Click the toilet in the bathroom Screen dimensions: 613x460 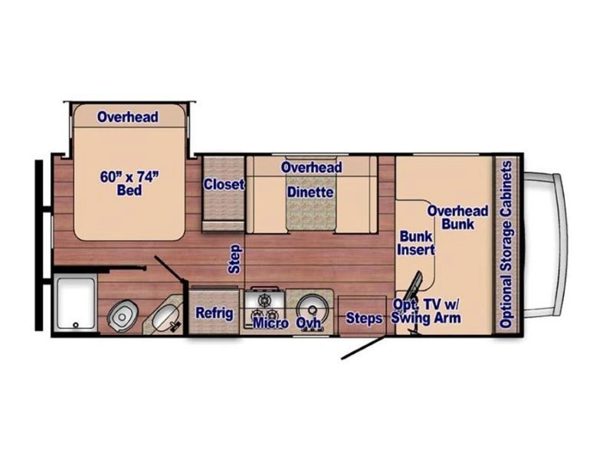tap(123, 315)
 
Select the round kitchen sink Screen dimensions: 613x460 tap(312, 309)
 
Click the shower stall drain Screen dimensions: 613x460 tap(76, 324)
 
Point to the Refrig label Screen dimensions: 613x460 tap(215, 314)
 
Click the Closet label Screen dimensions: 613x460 tap(224, 184)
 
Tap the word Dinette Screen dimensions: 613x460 tap(310, 192)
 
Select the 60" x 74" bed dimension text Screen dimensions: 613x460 tap(129, 183)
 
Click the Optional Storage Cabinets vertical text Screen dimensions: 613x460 tap(506, 245)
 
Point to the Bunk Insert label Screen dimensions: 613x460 tap(416, 243)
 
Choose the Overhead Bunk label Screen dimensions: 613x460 tap(457, 218)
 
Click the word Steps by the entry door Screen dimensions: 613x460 tap(364, 318)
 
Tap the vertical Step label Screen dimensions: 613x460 tap(235, 259)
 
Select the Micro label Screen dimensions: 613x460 tap(271, 323)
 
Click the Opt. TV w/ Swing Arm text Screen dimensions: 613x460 tap(426, 311)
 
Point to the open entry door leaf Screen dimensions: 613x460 tap(363, 347)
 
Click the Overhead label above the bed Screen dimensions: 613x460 tap(128, 117)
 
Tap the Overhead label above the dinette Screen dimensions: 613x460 tap(312, 167)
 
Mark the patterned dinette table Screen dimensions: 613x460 tap(311, 202)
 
